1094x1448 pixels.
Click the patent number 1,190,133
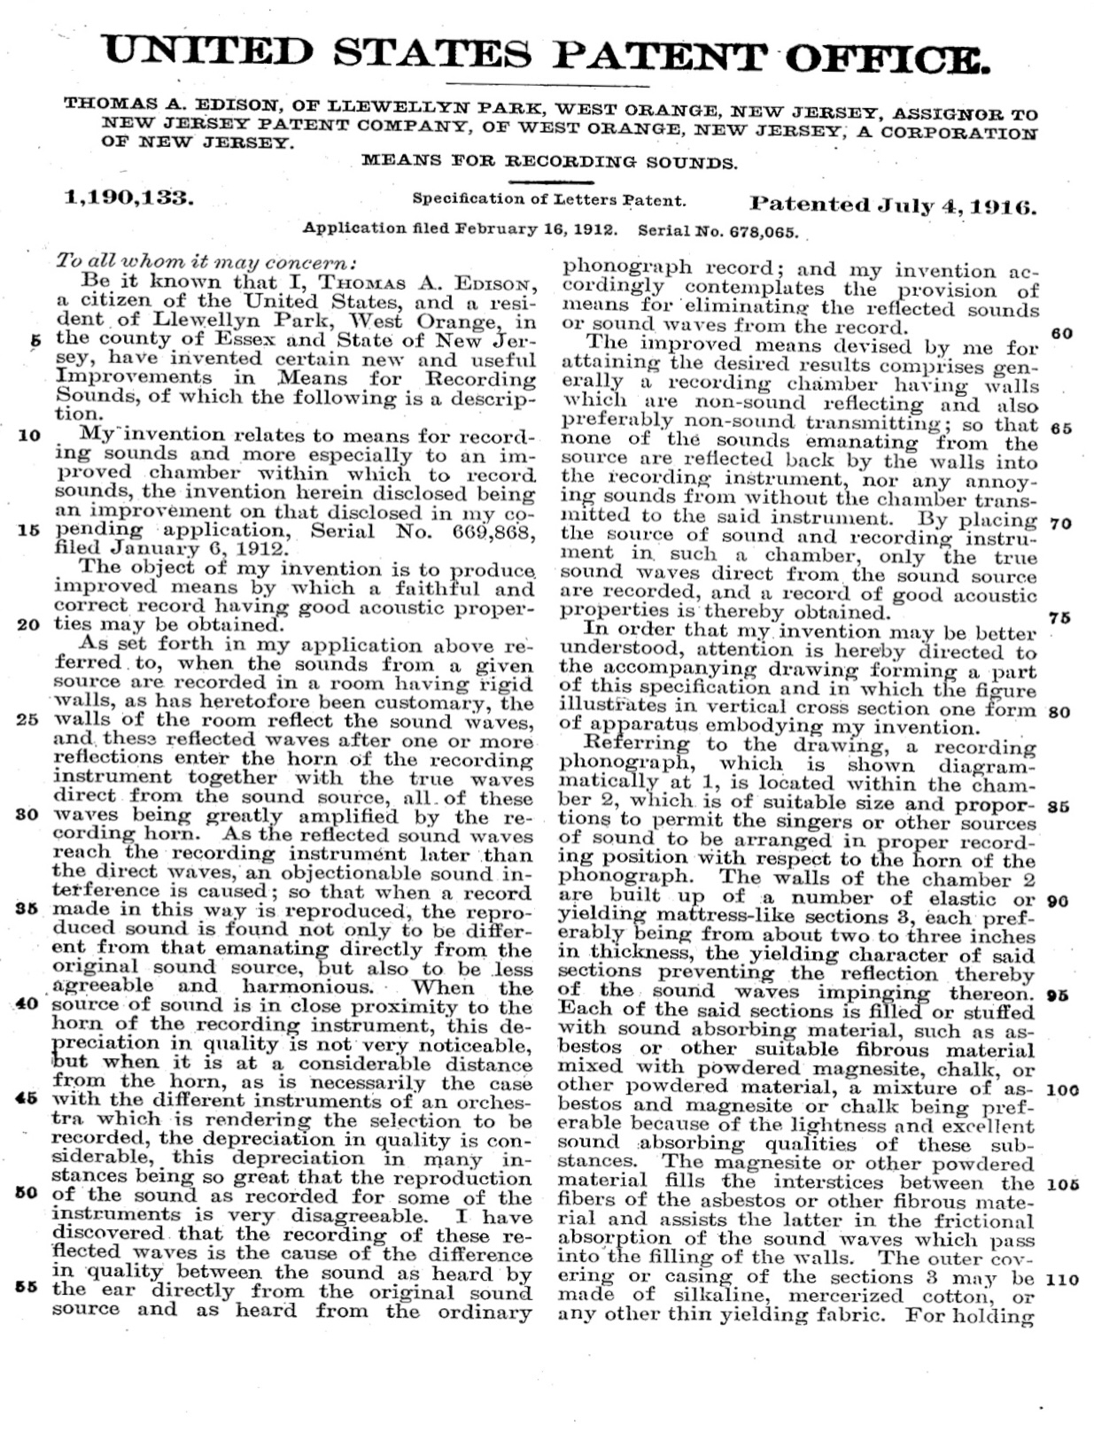(x=130, y=198)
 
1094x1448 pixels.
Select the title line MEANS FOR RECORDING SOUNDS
(x=550, y=162)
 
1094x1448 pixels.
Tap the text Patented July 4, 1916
(x=892, y=205)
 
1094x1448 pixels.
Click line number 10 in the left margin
(x=28, y=435)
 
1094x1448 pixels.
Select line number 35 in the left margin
(x=28, y=909)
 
